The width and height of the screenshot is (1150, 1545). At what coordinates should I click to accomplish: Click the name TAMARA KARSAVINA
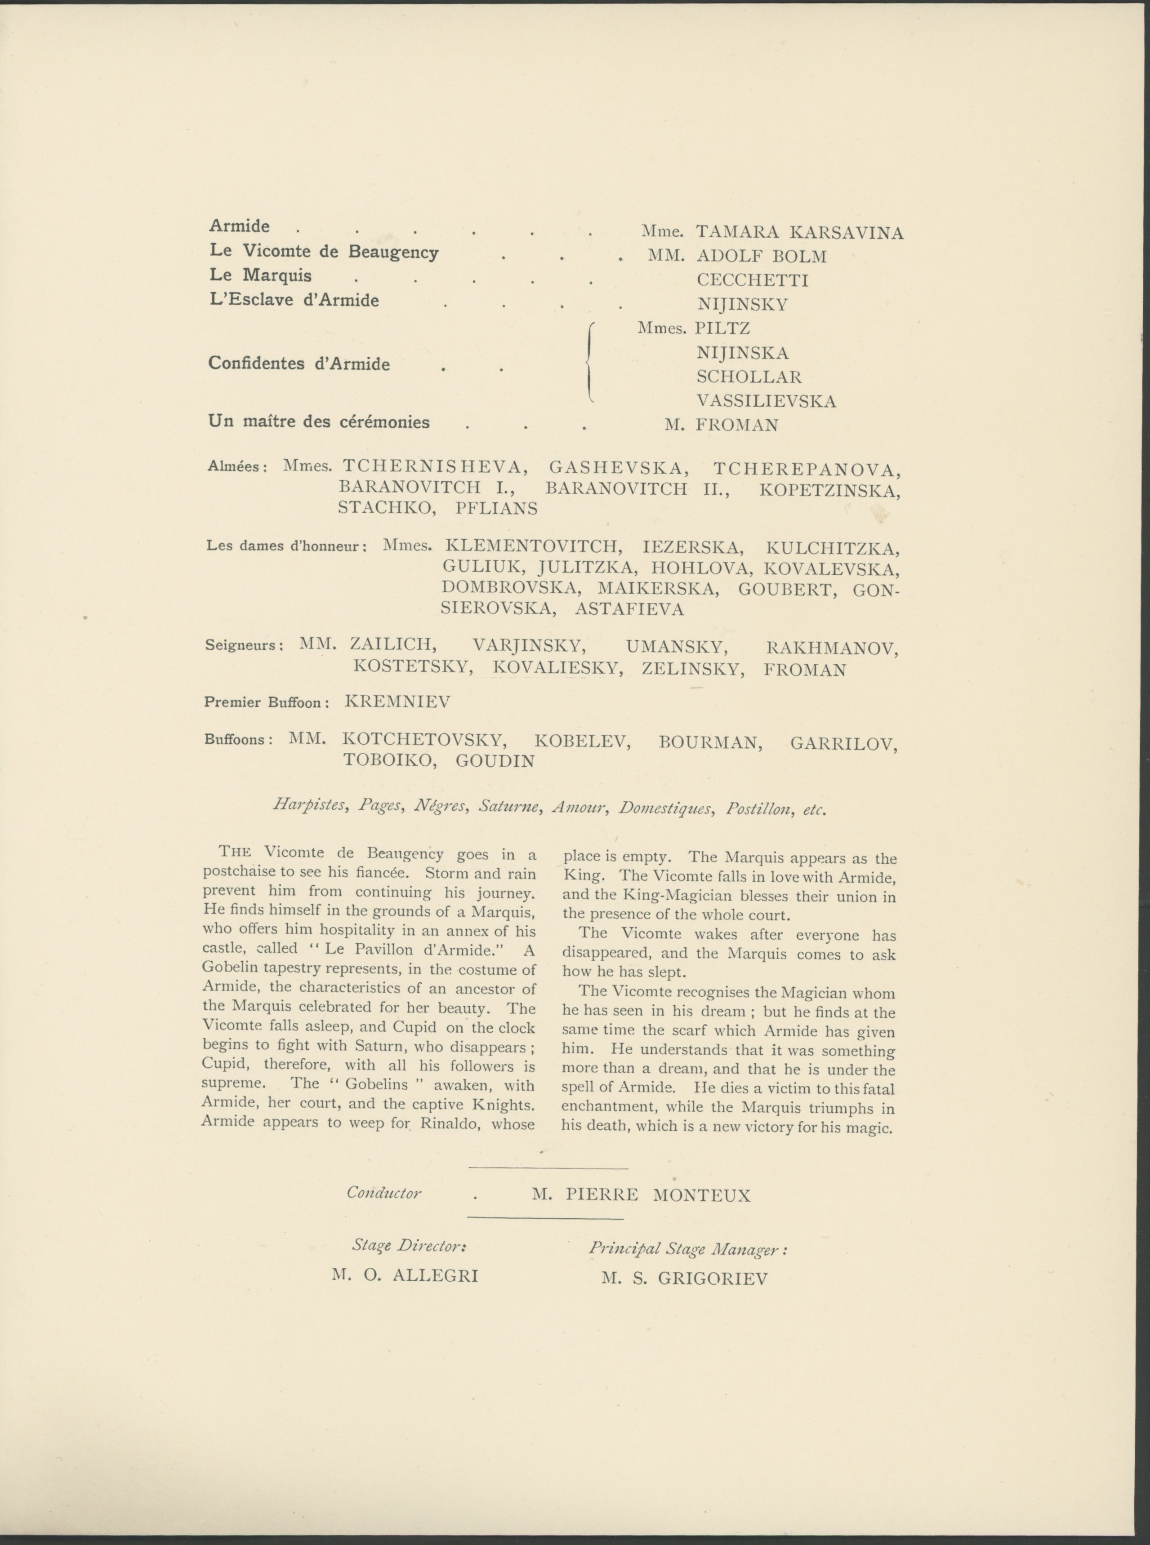[x=800, y=232]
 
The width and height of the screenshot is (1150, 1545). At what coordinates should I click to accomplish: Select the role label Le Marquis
[x=260, y=275]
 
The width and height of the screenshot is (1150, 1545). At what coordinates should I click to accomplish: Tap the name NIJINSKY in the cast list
[x=742, y=304]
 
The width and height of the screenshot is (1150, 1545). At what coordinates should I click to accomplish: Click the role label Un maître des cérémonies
[x=319, y=422]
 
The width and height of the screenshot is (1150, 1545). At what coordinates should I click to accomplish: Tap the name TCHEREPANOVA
[x=807, y=468]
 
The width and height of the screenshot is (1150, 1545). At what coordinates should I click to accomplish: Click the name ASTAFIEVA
[x=629, y=610]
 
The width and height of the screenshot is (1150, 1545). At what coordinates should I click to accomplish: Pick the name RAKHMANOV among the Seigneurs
[x=832, y=648]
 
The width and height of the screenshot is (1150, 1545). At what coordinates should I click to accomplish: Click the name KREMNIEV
[x=397, y=701]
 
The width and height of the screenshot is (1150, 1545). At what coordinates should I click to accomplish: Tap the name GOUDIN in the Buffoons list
[x=495, y=761]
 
